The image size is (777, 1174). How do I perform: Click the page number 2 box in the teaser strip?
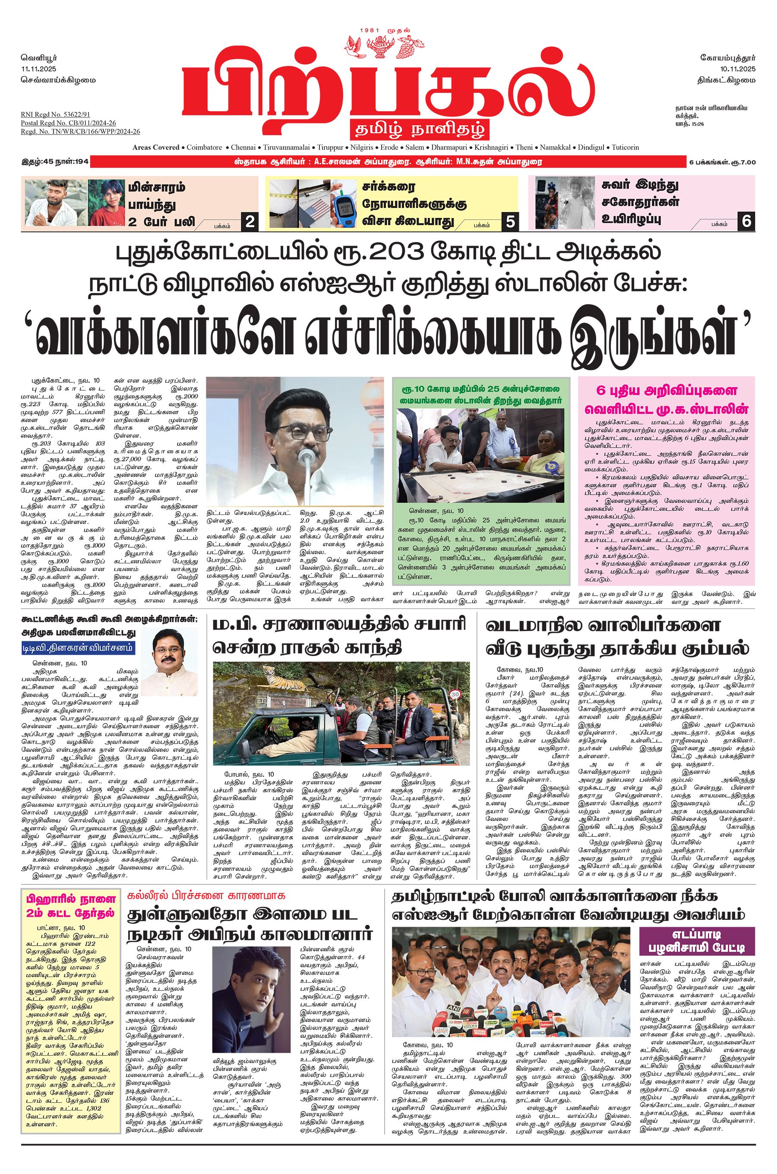(250, 221)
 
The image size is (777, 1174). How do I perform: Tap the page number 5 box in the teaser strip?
(510, 221)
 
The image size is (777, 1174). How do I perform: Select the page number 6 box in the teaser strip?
(746, 221)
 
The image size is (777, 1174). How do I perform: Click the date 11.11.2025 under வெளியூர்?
(39, 69)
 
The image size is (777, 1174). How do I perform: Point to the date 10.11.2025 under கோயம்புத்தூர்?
(737, 69)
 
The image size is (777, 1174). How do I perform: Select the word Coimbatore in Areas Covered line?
(204, 147)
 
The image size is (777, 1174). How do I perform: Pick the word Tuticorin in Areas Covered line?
(625, 147)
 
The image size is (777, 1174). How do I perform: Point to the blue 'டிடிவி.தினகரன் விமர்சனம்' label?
(78, 647)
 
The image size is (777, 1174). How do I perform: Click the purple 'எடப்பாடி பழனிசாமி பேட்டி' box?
(696, 941)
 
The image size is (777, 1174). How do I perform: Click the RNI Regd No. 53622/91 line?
(56, 114)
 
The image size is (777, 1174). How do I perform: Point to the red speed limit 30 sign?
(455, 694)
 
